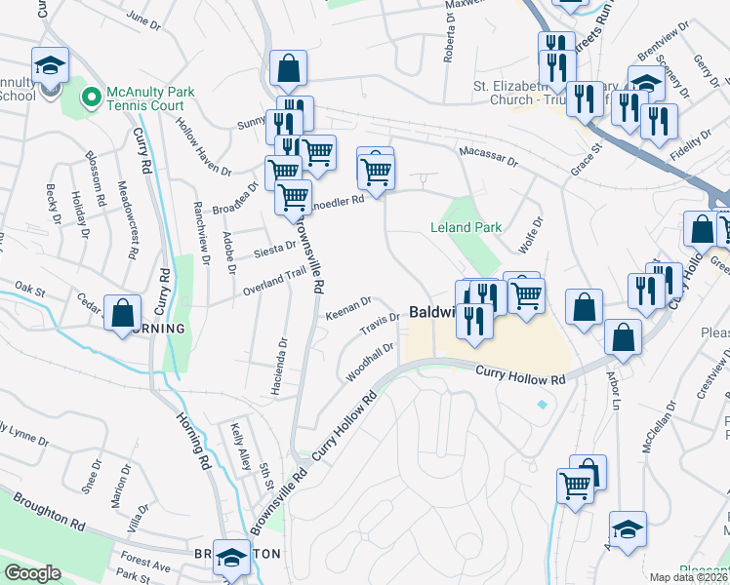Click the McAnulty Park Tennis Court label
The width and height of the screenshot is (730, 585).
tap(150, 98)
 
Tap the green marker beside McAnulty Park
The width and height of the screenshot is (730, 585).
tap(91, 97)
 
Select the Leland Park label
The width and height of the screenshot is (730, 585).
tap(466, 227)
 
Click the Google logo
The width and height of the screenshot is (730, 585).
tap(31, 573)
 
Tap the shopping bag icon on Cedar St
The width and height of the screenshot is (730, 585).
tap(123, 314)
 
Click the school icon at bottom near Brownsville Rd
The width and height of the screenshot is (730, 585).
tap(231, 557)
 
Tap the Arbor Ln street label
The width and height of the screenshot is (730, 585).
tap(614, 389)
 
